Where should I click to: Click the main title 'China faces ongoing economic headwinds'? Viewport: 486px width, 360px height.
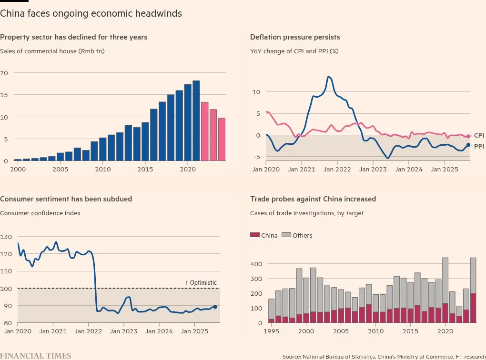pyautogui.click(x=91, y=13)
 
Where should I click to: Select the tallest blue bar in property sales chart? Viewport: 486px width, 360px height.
pyautogui.click(x=196, y=121)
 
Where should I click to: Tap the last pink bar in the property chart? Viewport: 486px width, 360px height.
pyautogui.click(x=222, y=140)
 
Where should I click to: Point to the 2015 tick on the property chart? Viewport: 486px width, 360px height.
pyautogui.click(x=145, y=169)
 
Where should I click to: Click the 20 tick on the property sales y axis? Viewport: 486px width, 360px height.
pyautogui.click(x=4, y=73)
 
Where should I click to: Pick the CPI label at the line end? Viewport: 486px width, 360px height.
pyautogui.click(x=478, y=136)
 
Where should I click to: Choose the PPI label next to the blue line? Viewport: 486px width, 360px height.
pyautogui.click(x=478, y=146)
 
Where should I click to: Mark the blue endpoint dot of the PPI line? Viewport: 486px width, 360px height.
pyautogui.click(x=468, y=145)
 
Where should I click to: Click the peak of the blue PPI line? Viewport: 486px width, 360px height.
pyautogui.click(x=329, y=77)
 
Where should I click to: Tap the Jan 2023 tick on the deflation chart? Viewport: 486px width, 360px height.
pyautogui.click(x=372, y=169)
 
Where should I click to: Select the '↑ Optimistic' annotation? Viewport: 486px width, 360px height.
pyautogui.click(x=201, y=282)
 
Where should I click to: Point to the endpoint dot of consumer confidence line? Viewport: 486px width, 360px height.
pyautogui.click(x=215, y=307)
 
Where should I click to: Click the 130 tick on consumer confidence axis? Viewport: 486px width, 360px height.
pyautogui.click(x=6, y=237)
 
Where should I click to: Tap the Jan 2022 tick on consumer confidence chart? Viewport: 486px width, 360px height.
pyautogui.click(x=88, y=331)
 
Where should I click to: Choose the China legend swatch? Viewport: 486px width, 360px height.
pyautogui.click(x=255, y=235)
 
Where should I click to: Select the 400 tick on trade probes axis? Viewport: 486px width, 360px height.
pyautogui.click(x=256, y=264)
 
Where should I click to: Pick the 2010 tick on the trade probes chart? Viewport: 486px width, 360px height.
pyautogui.click(x=375, y=331)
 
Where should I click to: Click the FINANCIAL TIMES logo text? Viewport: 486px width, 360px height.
pyautogui.click(x=35, y=356)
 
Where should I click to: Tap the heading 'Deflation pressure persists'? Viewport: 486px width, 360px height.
pyautogui.click(x=295, y=37)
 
